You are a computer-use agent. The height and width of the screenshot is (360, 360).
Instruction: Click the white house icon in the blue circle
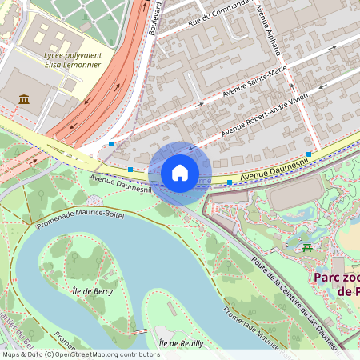180,173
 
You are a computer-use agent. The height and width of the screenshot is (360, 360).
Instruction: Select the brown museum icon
24,98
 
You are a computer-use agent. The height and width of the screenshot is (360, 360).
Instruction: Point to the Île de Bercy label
91,290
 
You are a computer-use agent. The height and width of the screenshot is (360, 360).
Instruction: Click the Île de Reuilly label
181,342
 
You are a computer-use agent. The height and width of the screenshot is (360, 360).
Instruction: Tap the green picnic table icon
307,248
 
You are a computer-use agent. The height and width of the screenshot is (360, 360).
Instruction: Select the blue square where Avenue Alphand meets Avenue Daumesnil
309,154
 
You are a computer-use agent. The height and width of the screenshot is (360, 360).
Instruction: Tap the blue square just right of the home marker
230,182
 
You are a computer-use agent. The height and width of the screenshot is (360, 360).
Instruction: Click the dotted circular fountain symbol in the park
95,199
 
